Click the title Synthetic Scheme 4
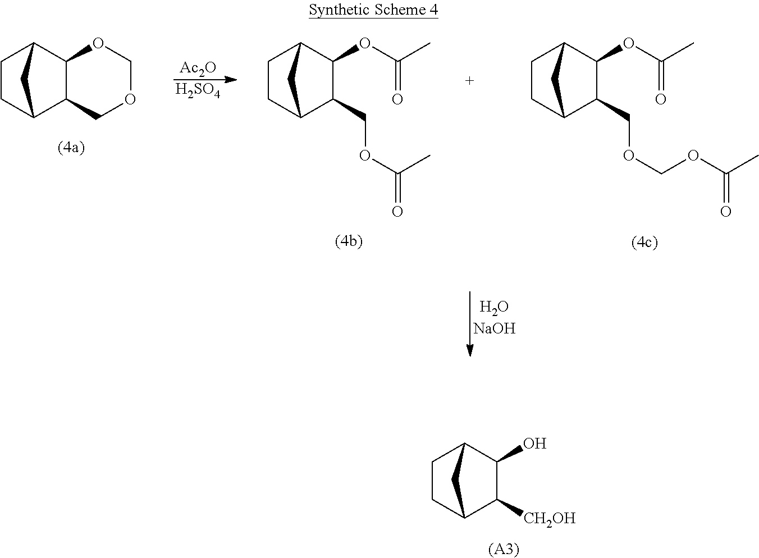[373, 11]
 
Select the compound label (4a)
[71, 148]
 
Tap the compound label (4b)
[349, 241]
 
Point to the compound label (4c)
[644, 242]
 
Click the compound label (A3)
[503, 548]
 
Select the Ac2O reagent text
[198, 68]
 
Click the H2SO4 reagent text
[198, 90]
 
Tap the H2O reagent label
[494, 307]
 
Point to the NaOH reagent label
[494, 328]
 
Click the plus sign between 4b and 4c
[469, 81]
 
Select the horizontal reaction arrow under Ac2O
[205, 79]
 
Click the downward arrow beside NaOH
[470, 324]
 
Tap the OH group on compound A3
[534, 443]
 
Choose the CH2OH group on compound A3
[550, 518]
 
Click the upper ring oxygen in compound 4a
[98, 43]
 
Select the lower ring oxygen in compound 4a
[130, 99]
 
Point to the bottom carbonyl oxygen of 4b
[397, 212]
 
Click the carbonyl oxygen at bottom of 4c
[725, 212]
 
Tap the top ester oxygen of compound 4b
[365, 43]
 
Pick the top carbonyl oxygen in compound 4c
[661, 99]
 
